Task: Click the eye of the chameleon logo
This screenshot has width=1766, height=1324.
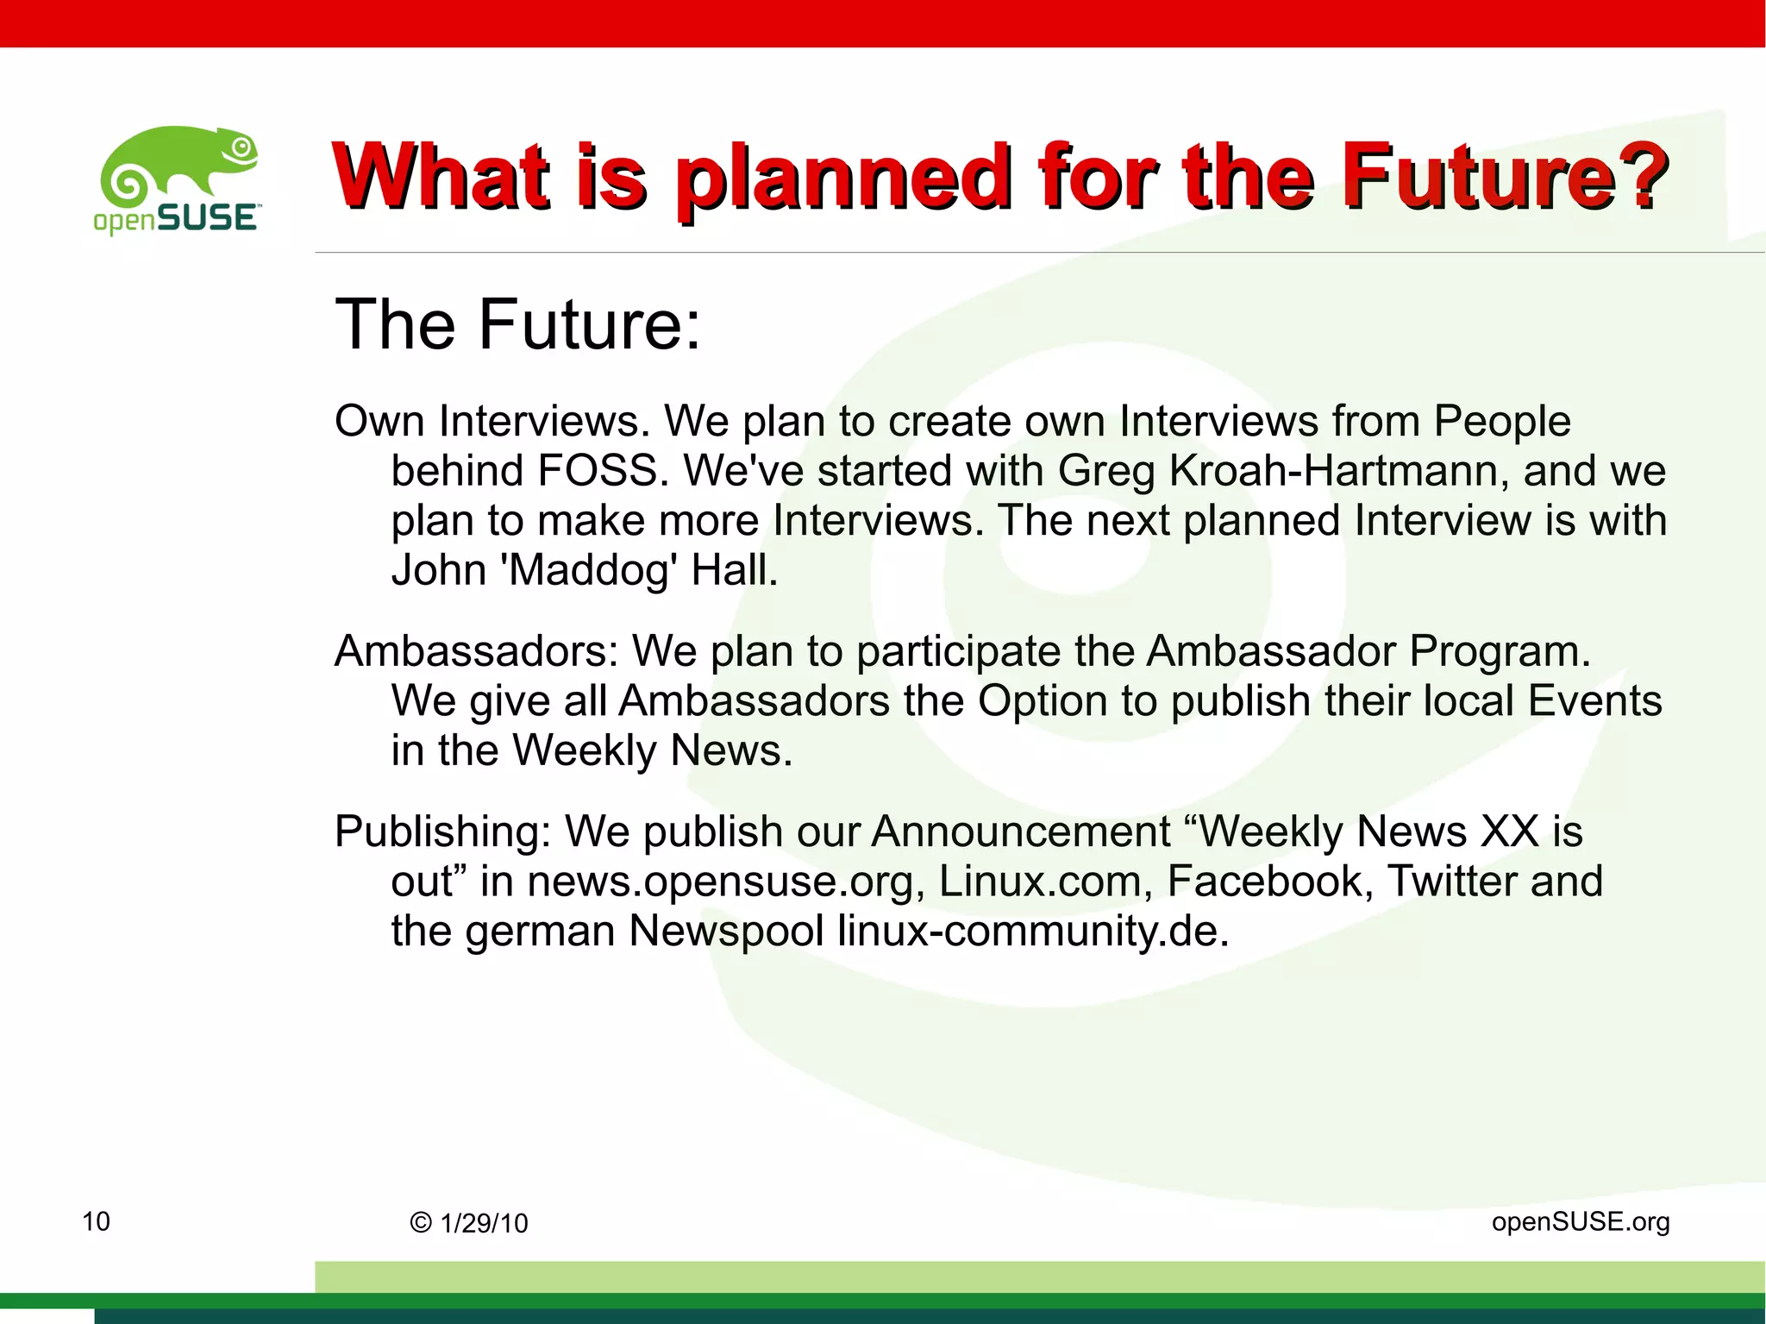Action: pyautogui.click(x=242, y=147)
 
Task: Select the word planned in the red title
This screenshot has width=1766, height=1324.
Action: pyautogui.click(x=841, y=179)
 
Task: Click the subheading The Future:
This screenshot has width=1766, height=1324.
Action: pyautogui.click(x=517, y=324)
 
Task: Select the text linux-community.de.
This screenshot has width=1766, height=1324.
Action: pyautogui.click(x=1032, y=932)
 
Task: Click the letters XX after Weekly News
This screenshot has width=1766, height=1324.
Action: pyautogui.click(x=1509, y=832)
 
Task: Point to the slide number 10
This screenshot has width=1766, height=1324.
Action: pyautogui.click(x=96, y=1221)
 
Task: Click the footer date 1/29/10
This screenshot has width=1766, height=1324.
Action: pyautogui.click(x=484, y=1224)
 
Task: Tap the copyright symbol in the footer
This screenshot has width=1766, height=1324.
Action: pyautogui.click(x=421, y=1223)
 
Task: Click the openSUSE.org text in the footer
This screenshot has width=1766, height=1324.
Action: pyautogui.click(x=1580, y=1222)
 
